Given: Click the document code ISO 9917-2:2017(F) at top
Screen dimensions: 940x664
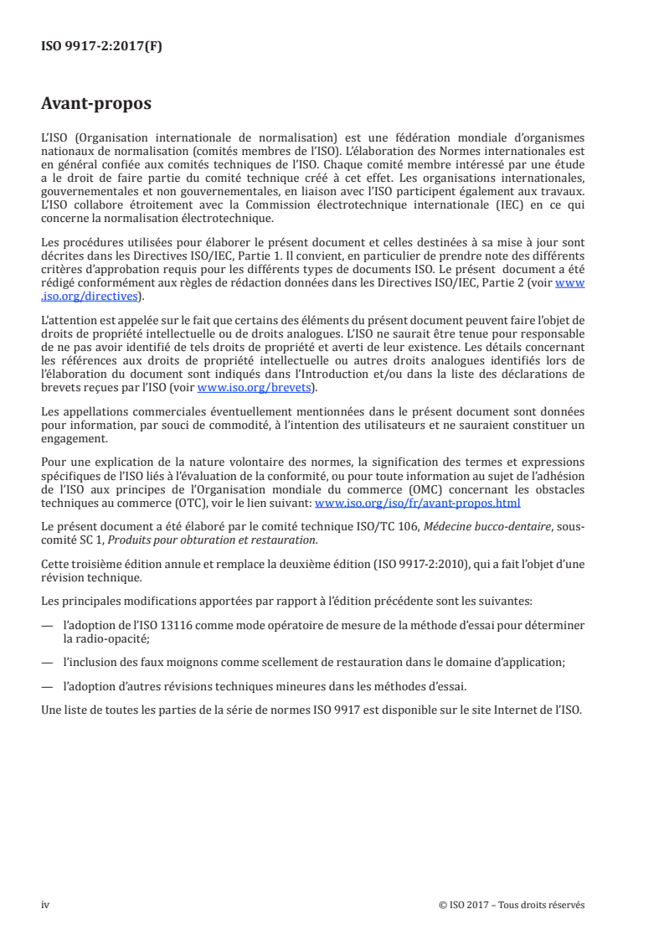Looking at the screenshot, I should tap(101, 47).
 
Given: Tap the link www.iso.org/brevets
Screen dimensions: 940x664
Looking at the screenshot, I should tap(251, 388).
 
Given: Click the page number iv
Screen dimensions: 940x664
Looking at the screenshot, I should tap(45, 905).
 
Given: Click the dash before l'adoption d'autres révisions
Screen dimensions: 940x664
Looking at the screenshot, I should tap(47, 686).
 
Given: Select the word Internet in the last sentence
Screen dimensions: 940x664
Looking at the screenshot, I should tap(509, 710).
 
